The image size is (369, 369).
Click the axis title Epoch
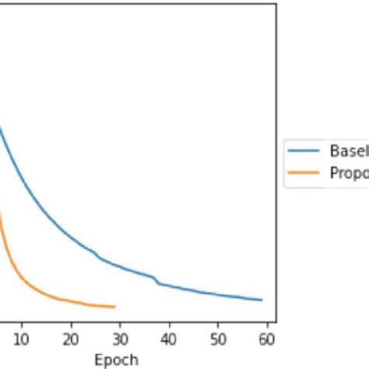pos(116,359)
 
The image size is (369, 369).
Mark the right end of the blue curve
pos(262,300)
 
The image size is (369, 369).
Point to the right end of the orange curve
pos(115,307)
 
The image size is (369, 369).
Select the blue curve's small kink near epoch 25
pos(97,254)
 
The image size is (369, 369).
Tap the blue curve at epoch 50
pos(218,295)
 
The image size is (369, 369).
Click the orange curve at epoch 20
pos(71,300)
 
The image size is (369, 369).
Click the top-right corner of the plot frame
pos(276,4)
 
